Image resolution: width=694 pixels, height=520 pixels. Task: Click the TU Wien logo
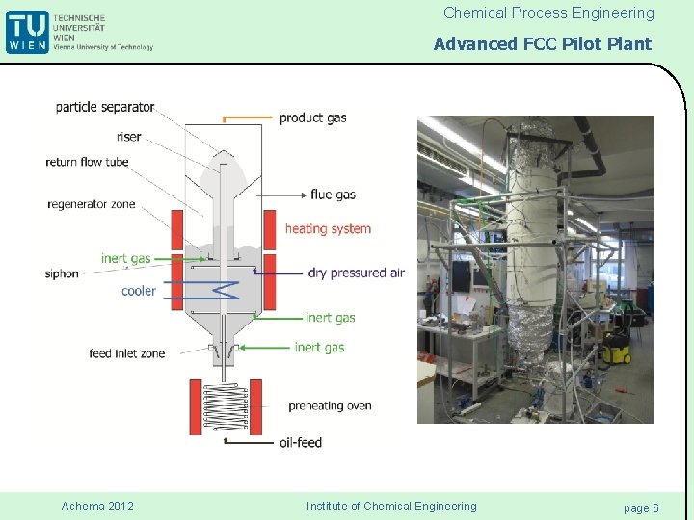point(26,32)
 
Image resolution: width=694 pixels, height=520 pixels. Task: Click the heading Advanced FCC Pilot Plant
point(542,43)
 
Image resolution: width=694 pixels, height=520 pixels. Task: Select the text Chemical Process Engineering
point(547,13)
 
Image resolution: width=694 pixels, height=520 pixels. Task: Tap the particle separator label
point(104,107)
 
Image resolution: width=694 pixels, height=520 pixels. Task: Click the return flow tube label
point(87,162)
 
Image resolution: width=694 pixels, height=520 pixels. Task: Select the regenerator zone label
point(92,204)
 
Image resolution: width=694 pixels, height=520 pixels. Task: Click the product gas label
point(312,117)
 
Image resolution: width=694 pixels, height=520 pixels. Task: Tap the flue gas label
point(333,195)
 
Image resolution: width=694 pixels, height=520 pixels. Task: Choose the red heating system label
point(328,229)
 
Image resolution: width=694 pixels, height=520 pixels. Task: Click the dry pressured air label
point(356,273)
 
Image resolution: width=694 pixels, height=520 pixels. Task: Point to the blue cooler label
point(139,291)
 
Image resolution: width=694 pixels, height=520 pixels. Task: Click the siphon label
point(62,274)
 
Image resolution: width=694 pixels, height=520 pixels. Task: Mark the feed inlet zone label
point(126,353)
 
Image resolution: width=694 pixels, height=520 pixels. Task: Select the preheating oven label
point(329,405)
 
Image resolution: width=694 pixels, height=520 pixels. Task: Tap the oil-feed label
point(300,442)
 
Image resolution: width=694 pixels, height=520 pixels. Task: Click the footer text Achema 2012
point(97,507)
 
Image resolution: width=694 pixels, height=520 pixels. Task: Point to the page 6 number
point(641,507)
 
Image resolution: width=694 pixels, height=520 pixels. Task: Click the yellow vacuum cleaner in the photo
point(617,348)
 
